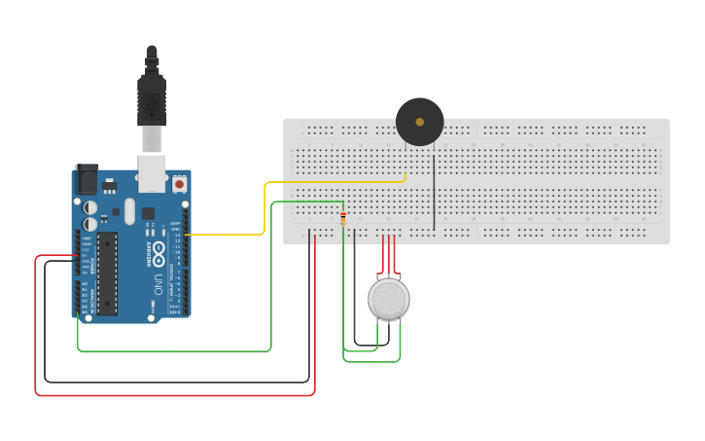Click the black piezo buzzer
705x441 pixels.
point(419,122)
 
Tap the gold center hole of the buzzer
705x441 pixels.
point(419,122)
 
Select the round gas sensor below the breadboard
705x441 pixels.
point(388,299)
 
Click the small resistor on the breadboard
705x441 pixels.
point(342,218)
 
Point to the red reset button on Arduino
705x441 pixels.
point(179,183)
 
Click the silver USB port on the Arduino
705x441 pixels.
point(151,172)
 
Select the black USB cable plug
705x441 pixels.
point(151,97)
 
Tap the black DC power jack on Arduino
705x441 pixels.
point(87,179)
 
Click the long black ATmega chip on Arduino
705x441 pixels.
point(107,273)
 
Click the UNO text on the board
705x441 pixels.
point(158,284)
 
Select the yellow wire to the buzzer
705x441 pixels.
point(264,209)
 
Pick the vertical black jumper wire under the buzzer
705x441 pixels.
point(434,190)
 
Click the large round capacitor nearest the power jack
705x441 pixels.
point(89,207)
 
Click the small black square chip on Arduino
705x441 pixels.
point(148,213)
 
